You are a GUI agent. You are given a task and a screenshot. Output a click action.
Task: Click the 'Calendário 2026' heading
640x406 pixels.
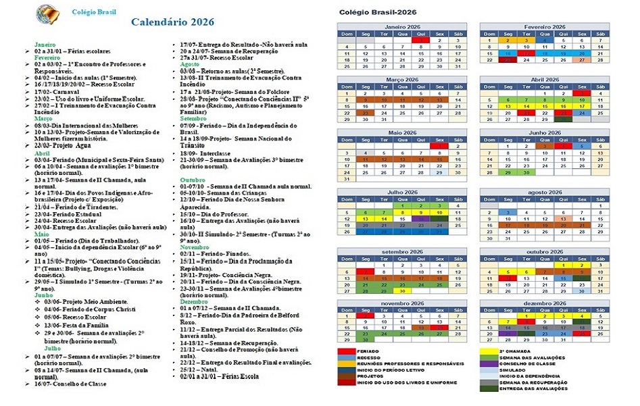(172, 22)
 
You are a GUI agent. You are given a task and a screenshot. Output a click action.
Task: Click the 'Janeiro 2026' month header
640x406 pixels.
(402, 26)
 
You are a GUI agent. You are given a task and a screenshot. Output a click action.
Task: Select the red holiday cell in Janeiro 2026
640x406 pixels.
(420, 40)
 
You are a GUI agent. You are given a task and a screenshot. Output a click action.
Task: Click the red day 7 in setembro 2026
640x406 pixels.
(366, 272)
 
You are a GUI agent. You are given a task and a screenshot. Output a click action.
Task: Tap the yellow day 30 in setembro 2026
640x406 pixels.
(402, 291)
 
